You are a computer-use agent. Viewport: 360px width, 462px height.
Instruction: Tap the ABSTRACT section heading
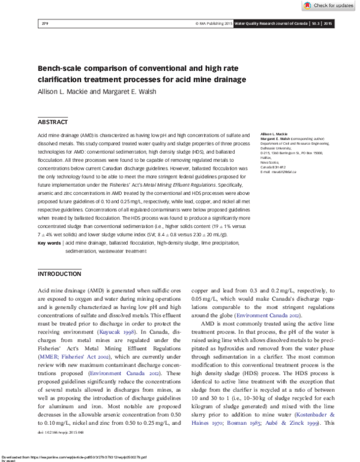(53, 122)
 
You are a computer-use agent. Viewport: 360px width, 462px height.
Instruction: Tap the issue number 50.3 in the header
(316, 23)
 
